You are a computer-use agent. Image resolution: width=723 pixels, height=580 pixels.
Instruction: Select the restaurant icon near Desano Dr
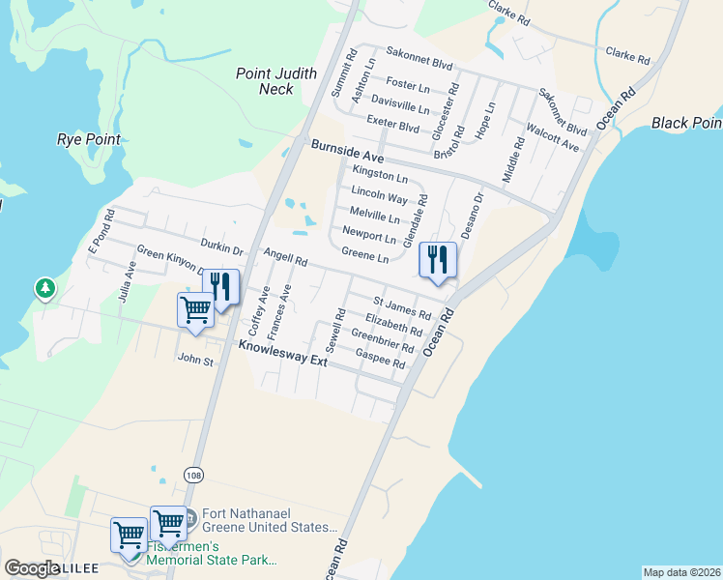(x=437, y=260)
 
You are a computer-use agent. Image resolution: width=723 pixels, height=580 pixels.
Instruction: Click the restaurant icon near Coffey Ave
(x=220, y=287)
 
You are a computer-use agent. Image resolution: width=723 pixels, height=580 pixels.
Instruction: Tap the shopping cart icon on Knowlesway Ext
(x=195, y=311)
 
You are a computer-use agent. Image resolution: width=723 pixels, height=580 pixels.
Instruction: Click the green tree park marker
(x=44, y=288)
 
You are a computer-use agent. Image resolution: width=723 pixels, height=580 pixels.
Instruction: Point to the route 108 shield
(x=194, y=475)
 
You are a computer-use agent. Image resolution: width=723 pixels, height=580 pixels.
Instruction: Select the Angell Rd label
(x=285, y=256)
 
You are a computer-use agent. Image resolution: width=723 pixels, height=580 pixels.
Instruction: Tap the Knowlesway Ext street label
(x=283, y=353)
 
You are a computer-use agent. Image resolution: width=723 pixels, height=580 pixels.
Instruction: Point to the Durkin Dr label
(x=221, y=246)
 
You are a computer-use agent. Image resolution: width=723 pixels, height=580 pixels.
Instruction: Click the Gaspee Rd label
(x=380, y=359)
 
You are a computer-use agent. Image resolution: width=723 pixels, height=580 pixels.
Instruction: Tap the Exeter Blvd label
(x=392, y=123)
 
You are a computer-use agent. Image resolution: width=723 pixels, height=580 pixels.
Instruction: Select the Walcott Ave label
(x=551, y=137)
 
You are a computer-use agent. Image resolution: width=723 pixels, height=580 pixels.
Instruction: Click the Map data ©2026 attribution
(x=680, y=572)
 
